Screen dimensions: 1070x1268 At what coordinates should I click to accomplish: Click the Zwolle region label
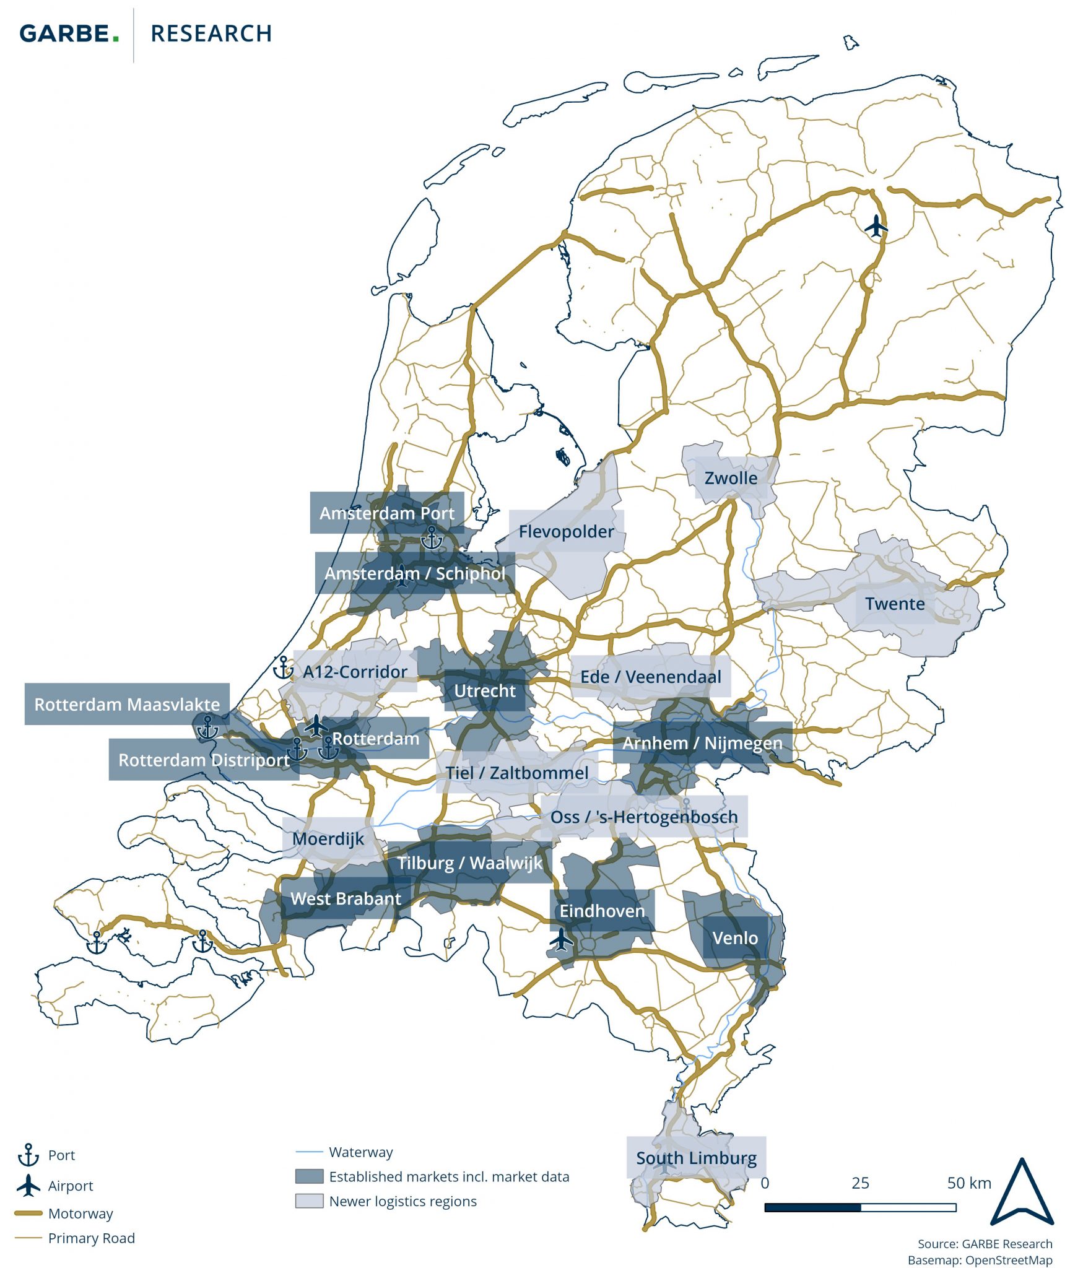(731, 478)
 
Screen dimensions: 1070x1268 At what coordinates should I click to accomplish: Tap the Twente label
(895, 604)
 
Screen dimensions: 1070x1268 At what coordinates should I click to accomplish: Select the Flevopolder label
(566, 531)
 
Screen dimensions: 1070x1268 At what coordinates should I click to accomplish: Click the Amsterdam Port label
(386, 513)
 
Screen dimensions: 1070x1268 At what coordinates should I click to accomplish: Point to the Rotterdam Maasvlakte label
(127, 704)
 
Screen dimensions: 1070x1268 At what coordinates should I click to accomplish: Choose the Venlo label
(735, 938)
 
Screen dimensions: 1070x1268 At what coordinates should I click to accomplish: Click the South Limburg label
(696, 1158)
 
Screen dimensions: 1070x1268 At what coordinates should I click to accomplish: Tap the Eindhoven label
(602, 911)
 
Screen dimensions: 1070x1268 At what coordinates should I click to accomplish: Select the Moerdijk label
(328, 838)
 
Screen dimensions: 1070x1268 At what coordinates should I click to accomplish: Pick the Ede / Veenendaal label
(650, 677)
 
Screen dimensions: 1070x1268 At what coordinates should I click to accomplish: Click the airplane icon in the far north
(876, 226)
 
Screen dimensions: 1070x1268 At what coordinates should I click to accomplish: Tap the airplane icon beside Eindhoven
(562, 939)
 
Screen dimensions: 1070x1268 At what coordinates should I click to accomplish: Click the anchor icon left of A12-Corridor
(283, 668)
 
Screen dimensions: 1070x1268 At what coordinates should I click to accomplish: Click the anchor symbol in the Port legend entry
(28, 1155)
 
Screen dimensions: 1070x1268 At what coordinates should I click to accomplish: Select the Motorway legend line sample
(28, 1213)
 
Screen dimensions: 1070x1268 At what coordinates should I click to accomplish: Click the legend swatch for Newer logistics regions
(309, 1201)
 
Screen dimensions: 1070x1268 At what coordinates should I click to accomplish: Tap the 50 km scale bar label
(968, 1183)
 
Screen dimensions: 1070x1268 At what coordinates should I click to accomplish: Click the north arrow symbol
(1022, 1192)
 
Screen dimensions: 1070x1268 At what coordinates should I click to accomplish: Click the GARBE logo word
(69, 33)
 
